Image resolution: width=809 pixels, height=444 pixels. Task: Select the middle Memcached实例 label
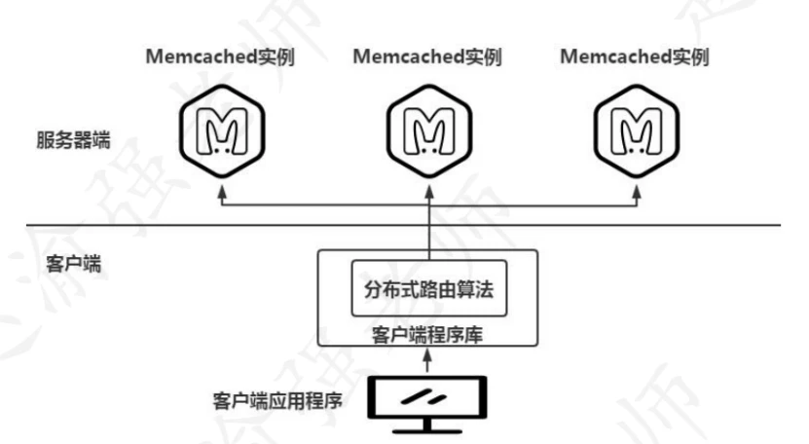click(x=427, y=56)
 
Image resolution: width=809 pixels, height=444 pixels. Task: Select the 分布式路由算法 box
click(x=428, y=288)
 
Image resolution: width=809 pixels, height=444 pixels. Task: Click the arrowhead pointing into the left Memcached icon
click(x=221, y=194)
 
